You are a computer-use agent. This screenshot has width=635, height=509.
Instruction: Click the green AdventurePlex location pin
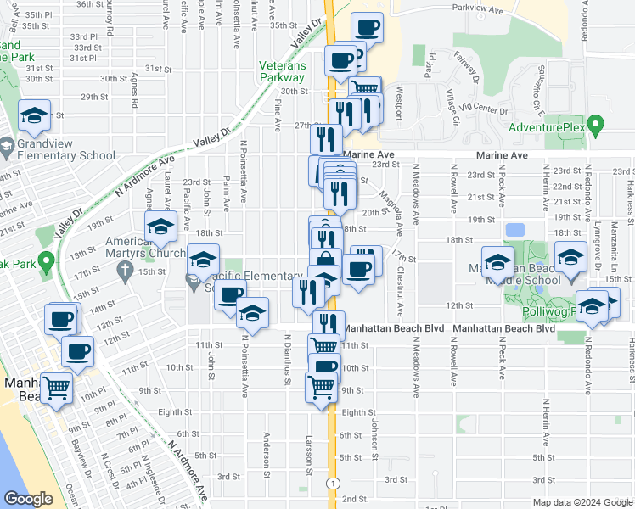click(x=596, y=127)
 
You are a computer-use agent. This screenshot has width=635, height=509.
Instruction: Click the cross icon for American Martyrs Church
click(x=125, y=271)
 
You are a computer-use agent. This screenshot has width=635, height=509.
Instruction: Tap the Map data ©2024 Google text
click(x=581, y=501)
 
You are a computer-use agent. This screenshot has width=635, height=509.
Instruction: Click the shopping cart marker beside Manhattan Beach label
click(x=57, y=388)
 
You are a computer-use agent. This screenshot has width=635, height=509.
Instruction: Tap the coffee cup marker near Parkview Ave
click(x=367, y=28)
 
